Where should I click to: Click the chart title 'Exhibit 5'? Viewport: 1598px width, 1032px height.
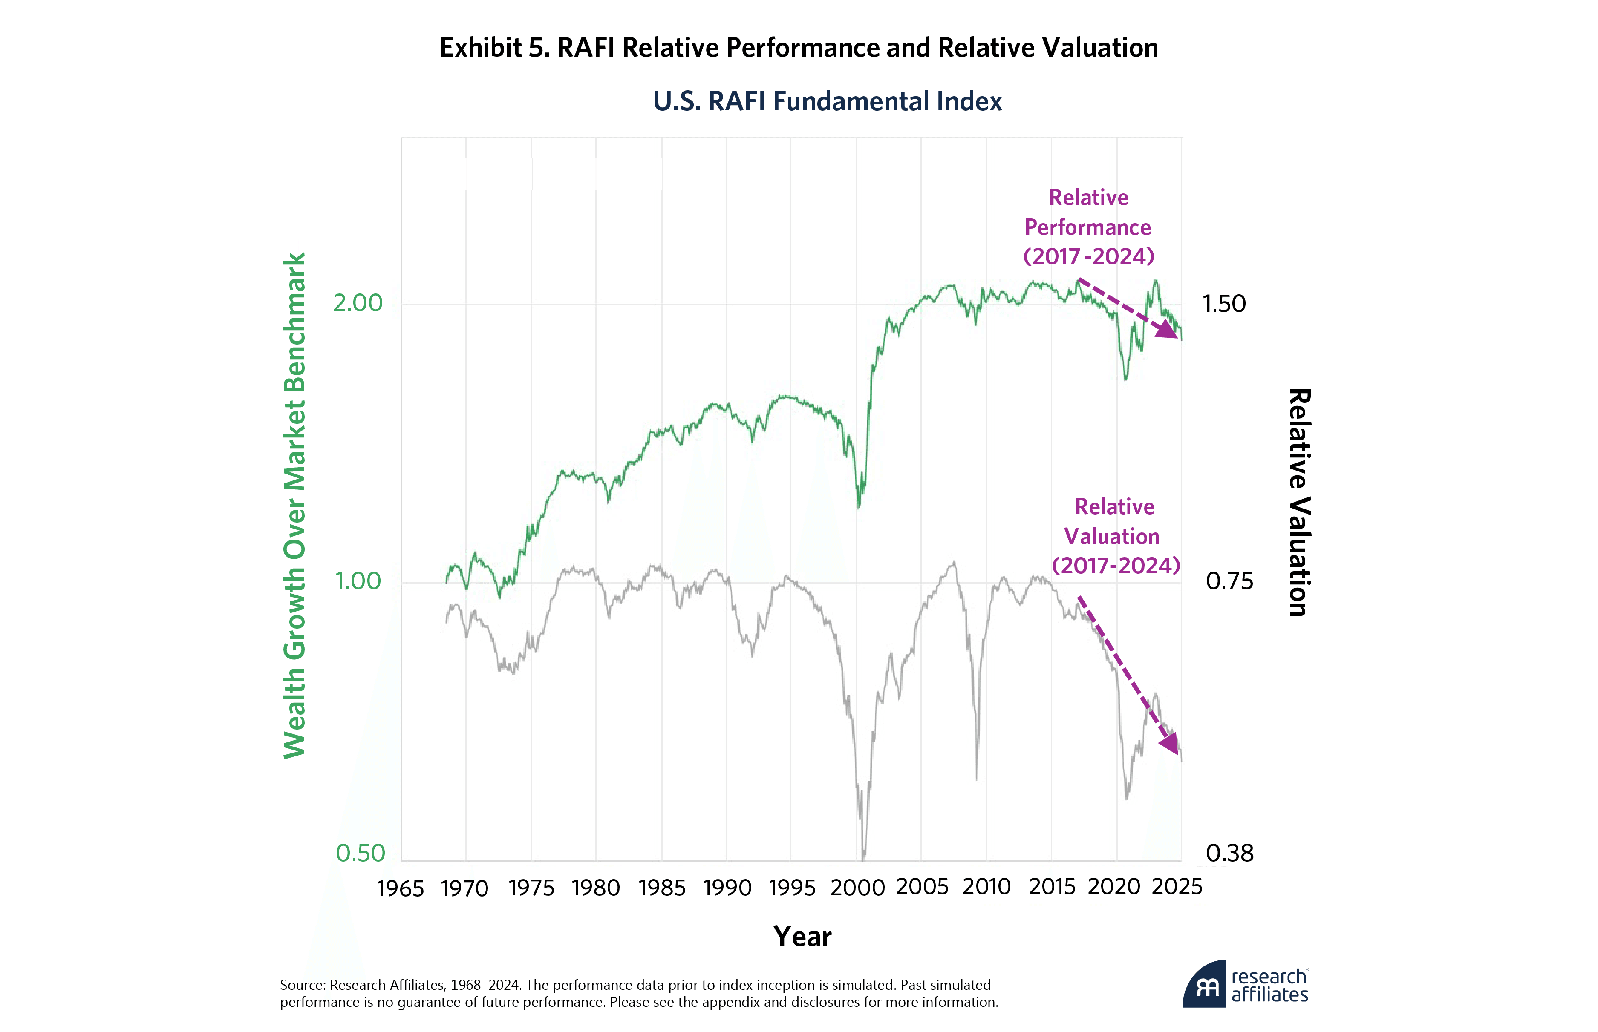coord(798,48)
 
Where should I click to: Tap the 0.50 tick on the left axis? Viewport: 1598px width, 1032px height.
coord(360,853)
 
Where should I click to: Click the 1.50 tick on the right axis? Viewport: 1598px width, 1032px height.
coord(1223,304)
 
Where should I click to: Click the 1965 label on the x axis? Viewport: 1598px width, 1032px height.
coord(400,888)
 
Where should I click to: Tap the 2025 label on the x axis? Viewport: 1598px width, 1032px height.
coord(1177,887)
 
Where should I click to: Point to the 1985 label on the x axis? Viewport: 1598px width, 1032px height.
coord(662,888)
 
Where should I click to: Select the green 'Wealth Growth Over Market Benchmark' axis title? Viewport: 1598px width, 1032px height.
coord(295,506)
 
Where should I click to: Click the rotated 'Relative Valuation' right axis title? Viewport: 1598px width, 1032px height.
coord(1298,503)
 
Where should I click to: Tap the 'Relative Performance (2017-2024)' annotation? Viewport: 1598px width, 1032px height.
coord(1088,227)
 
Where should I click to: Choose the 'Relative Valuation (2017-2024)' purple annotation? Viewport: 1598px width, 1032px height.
coord(1115,536)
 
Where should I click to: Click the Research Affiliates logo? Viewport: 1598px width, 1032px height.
coord(1245,986)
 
